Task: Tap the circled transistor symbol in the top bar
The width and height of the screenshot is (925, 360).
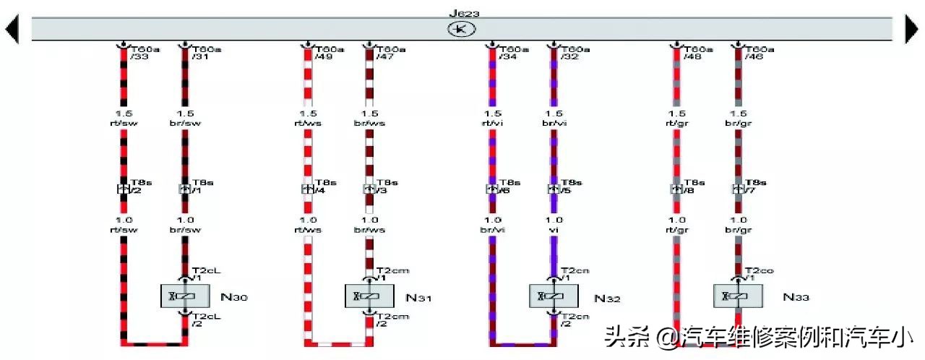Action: [458, 29]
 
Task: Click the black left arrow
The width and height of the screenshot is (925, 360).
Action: [12, 30]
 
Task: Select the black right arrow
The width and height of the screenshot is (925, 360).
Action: [912, 30]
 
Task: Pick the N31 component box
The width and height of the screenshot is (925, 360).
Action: [369, 296]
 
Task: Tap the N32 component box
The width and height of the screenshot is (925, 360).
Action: [554, 296]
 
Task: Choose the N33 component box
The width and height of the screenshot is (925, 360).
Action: [738, 296]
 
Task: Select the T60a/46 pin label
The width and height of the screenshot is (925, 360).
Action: [759, 53]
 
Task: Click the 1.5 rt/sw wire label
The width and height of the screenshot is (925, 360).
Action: [123, 119]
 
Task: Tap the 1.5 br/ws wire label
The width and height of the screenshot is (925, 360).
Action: [369, 119]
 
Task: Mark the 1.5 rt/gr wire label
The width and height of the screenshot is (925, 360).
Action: [676, 119]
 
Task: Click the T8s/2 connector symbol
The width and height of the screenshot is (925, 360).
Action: [123, 189]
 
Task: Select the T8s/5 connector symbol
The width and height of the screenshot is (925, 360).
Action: [554, 189]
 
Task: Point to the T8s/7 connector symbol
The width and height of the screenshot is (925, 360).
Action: [738, 189]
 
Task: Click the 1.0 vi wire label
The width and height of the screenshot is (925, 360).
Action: [554, 225]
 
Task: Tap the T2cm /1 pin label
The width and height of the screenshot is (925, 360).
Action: [392, 273]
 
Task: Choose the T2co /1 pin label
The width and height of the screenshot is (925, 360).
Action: [759, 273]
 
